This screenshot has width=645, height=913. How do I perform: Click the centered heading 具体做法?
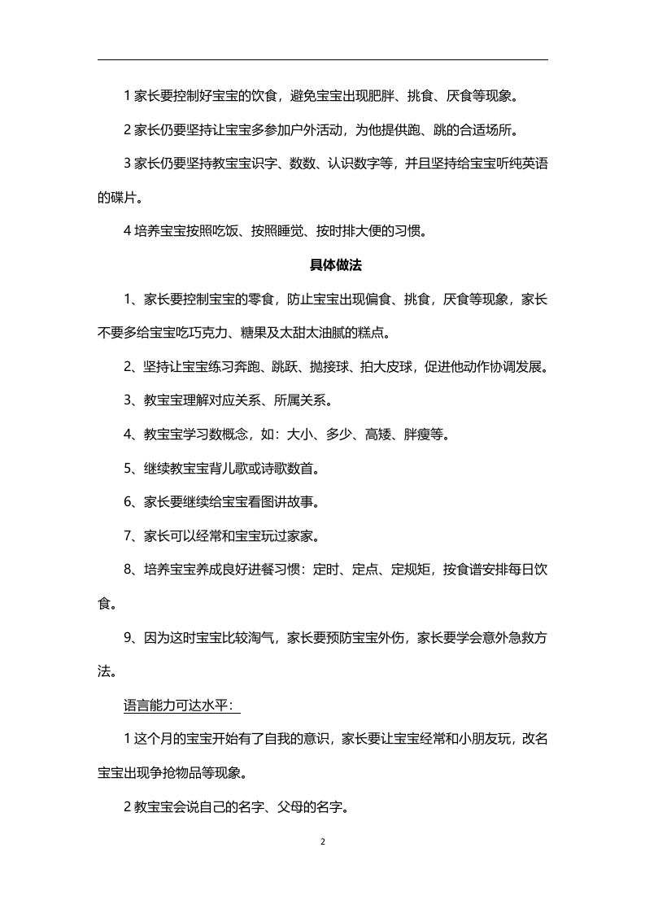click(x=322, y=265)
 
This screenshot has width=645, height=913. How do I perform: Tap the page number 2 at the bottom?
click(x=323, y=841)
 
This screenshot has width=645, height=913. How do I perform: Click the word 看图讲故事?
click(x=277, y=502)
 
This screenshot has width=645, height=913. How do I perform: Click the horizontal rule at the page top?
click(x=322, y=59)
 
